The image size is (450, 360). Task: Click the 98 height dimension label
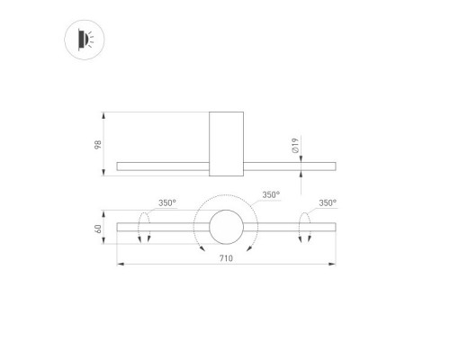(98, 145)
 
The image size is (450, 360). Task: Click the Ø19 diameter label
(295, 146)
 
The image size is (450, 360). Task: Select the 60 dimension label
(98, 229)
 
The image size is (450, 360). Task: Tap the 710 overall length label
(226, 258)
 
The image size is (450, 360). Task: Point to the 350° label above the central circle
(271, 194)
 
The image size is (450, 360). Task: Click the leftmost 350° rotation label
(167, 203)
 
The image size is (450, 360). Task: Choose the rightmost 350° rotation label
(328, 203)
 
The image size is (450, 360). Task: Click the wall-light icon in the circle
(85, 40)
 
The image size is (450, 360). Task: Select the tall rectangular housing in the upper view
(226, 144)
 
